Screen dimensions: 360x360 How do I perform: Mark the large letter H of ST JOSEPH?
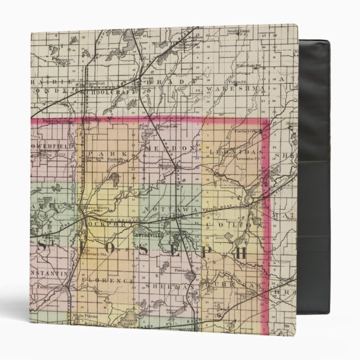(241, 252)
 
